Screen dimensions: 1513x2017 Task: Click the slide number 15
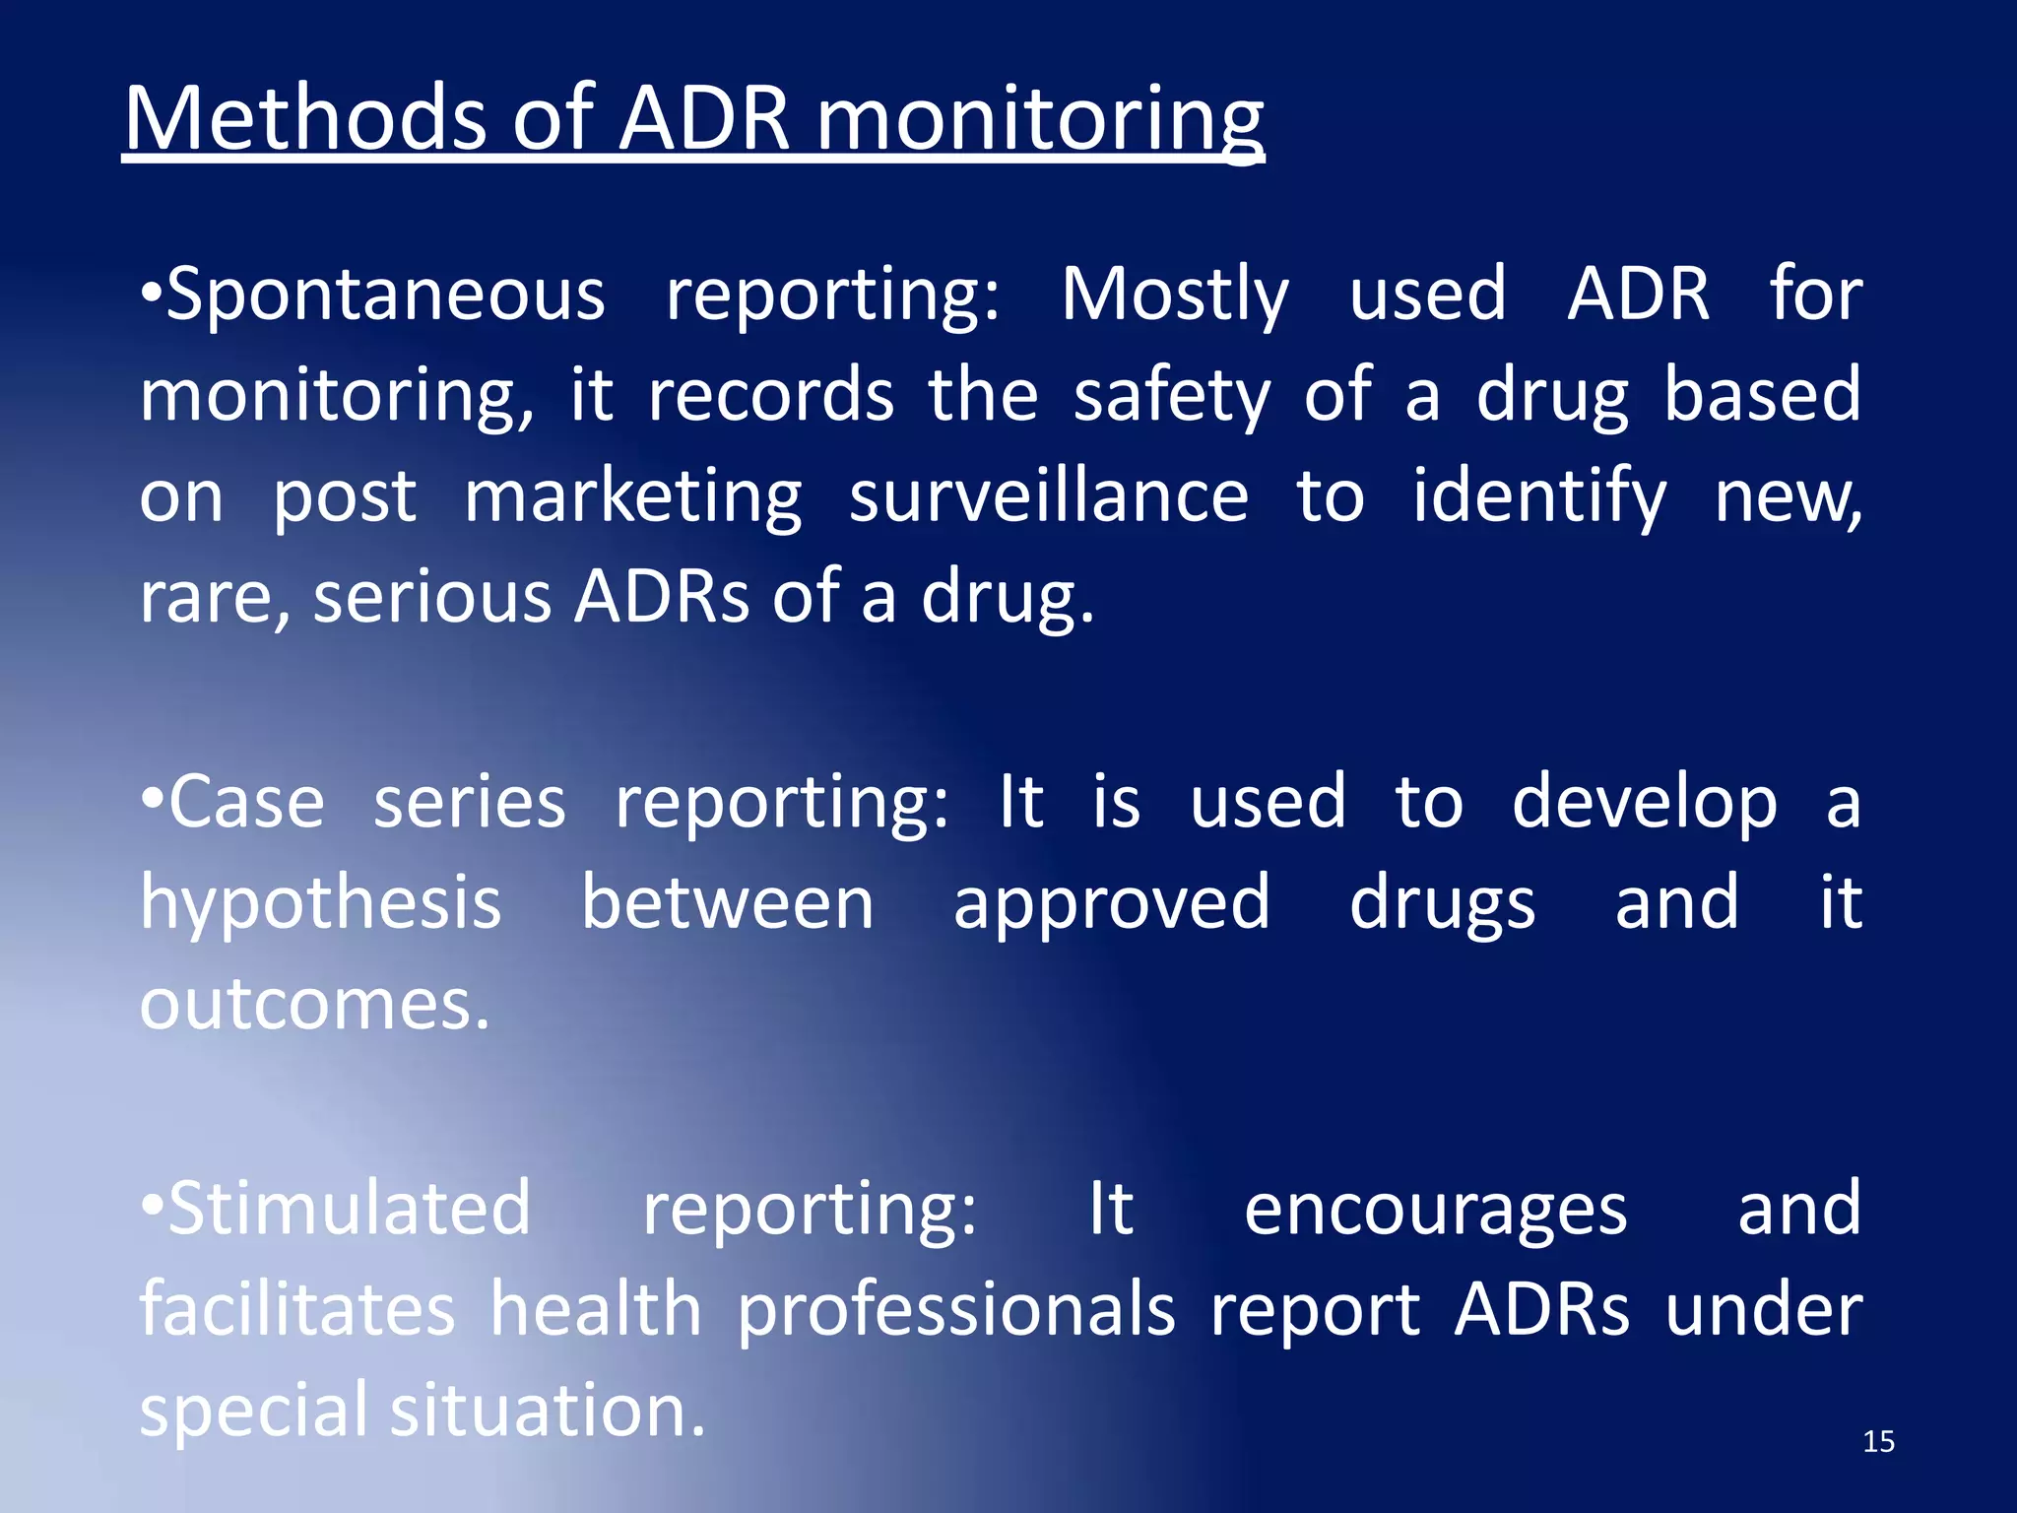(1878, 1442)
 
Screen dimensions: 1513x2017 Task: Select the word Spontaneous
(385, 296)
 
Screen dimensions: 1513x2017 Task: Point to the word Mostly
(1174, 296)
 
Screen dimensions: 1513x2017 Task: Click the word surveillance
(1048, 496)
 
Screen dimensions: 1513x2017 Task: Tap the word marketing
(632, 498)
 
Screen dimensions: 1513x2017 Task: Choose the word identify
(1539, 496)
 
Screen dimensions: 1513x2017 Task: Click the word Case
(246, 802)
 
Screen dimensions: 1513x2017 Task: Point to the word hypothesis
(321, 904)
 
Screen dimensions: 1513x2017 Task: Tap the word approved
(1111, 904)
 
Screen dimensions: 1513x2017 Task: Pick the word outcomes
(313, 1005)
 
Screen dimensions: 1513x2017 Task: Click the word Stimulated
(350, 1210)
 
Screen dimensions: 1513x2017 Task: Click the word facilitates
(296, 1310)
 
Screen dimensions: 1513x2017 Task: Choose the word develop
(1644, 804)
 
